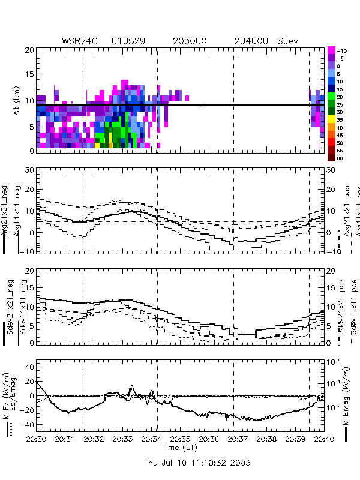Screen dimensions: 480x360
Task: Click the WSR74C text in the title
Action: pos(81,41)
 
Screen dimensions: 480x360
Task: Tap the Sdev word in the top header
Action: pos(287,41)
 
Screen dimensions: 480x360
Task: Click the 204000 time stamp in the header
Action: pos(251,41)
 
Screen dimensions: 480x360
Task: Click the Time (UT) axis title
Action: pos(180,448)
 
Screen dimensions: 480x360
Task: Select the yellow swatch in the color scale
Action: pos(331,119)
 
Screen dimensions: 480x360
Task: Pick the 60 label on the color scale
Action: pos(340,158)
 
